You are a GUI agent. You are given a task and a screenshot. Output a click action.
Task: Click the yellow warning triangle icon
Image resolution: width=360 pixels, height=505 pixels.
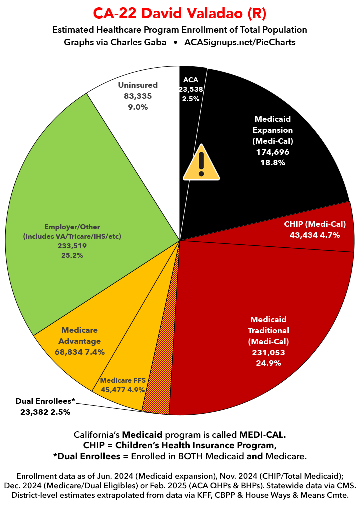pos(201,163)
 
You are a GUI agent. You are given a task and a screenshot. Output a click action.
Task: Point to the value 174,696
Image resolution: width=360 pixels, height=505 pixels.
pos(272,152)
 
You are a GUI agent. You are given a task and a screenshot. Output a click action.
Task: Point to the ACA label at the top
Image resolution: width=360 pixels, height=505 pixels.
pos(191,79)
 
